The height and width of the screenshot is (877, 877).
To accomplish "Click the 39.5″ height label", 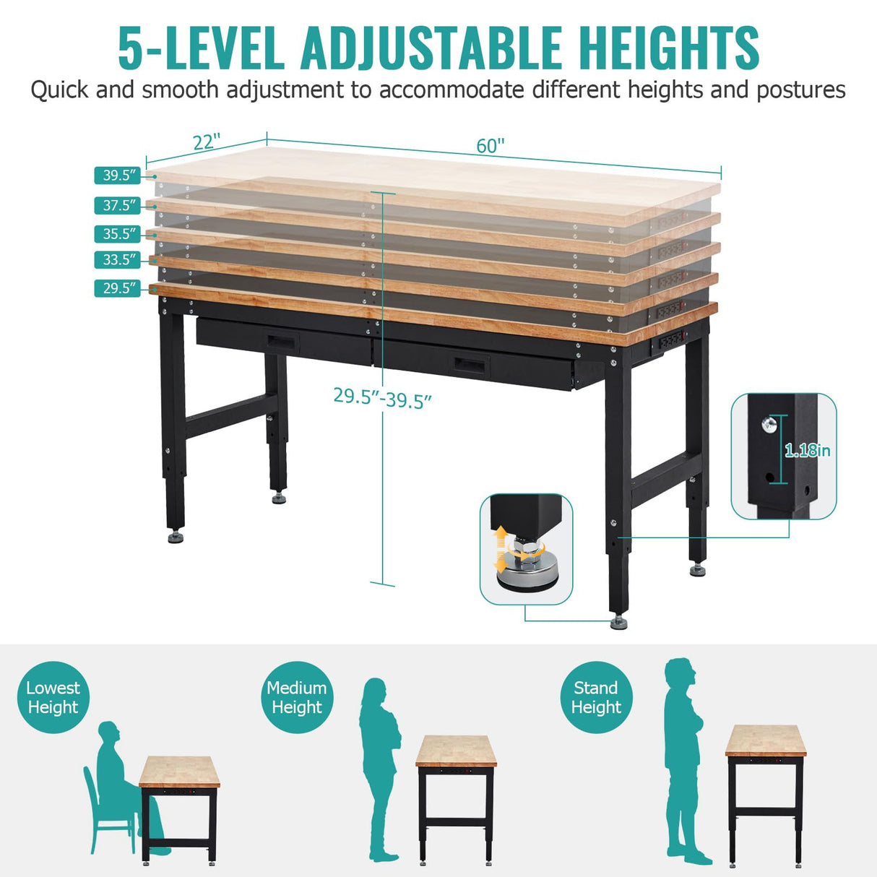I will point(118,176).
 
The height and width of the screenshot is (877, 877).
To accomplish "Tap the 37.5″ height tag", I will point(118,206).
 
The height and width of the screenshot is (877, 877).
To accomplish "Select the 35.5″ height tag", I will point(118,234).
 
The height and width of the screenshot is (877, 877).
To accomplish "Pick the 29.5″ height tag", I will point(118,288).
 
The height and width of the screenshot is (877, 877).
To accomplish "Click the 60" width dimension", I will point(490,146).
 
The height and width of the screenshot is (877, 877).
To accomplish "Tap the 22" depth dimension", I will point(206,142).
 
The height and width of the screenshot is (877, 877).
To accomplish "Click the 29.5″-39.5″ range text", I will point(382,397).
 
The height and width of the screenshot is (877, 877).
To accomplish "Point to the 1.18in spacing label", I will point(808,451).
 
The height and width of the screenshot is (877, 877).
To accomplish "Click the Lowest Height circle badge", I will point(53,698).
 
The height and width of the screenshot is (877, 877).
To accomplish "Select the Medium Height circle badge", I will point(297,698).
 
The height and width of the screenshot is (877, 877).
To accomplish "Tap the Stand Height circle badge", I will point(596,698).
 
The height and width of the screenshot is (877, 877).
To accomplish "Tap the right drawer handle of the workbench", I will point(468,363).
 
